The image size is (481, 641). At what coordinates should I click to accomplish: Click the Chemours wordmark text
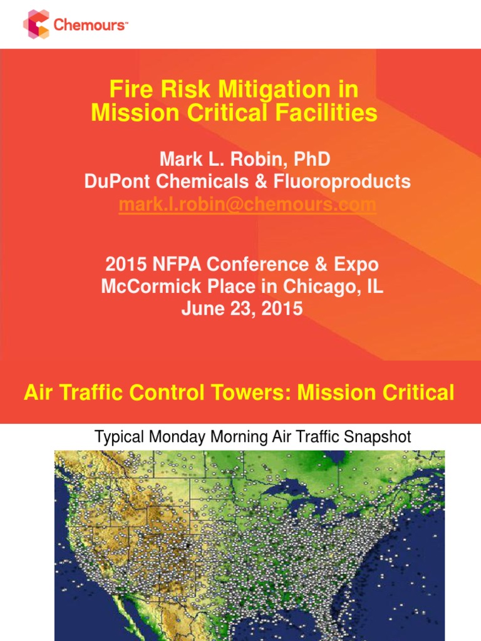coord(91,25)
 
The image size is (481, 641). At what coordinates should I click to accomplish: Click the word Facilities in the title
coord(325,113)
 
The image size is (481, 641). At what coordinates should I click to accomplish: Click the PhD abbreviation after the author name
coord(308,160)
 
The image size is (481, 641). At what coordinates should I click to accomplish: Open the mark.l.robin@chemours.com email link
coord(247,205)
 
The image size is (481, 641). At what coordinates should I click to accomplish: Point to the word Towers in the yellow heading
coord(254,393)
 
